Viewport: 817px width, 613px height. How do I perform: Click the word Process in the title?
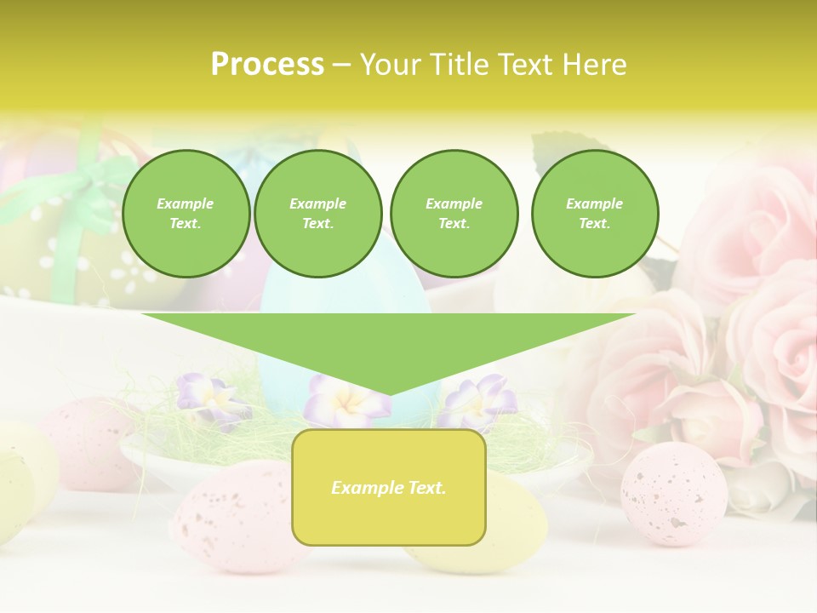267,65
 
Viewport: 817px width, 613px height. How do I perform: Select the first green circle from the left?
186,214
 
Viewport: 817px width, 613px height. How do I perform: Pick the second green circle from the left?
317,214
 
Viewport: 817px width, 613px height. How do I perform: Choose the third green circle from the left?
454,214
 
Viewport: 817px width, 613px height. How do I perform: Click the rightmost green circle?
594,214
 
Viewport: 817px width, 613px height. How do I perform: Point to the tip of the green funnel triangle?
389,394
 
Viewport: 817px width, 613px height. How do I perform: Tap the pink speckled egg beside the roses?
673,493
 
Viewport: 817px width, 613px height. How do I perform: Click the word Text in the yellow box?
425,488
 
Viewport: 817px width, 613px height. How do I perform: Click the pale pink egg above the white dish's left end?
85,442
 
